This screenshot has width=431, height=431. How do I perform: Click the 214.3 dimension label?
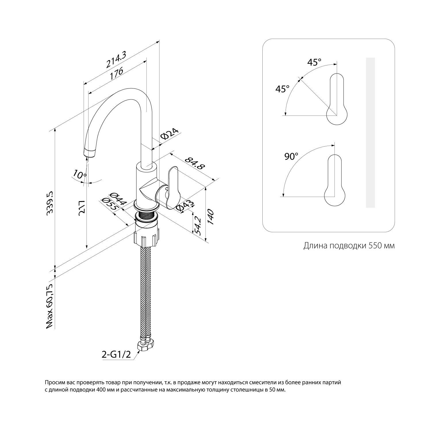point(116,59)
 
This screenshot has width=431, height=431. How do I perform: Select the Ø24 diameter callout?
point(170,134)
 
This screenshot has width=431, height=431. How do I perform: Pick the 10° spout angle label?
point(80,174)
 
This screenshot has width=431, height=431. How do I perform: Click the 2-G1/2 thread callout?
point(116,354)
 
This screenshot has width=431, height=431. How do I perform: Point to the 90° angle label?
point(291,157)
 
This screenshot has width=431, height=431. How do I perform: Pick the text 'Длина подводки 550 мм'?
point(349,246)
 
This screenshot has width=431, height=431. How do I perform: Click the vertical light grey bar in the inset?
point(370,132)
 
